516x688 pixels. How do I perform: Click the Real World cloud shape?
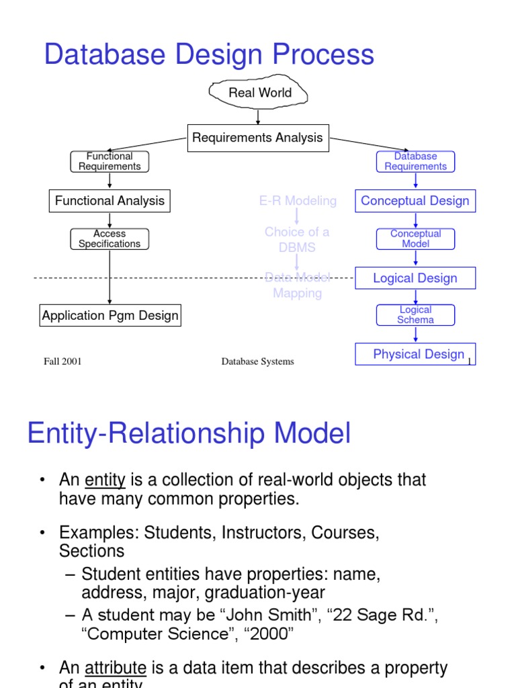(259, 93)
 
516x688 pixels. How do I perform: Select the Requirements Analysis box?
(257, 138)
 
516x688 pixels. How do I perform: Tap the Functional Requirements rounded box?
(110, 161)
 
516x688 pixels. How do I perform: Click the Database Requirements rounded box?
(415, 161)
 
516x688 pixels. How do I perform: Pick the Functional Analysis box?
(110, 201)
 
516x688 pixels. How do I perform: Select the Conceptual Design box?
(415, 201)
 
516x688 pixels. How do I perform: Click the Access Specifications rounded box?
(110, 239)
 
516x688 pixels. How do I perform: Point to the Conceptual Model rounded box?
(415, 239)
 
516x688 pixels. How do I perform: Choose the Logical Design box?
(415, 278)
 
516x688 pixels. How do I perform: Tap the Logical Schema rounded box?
(415, 315)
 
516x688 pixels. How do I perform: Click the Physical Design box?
(415, 354)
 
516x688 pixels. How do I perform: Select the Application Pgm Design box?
(110, 316)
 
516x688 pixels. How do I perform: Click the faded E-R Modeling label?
(298, 201)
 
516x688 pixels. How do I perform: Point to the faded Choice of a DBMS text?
(297, 240)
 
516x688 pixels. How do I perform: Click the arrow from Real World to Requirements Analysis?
(258, 117)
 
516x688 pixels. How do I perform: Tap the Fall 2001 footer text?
(62, 361)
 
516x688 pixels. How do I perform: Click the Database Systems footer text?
(257, 361)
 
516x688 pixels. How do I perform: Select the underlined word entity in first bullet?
(105, 480)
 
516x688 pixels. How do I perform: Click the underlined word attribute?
(116, 669)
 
